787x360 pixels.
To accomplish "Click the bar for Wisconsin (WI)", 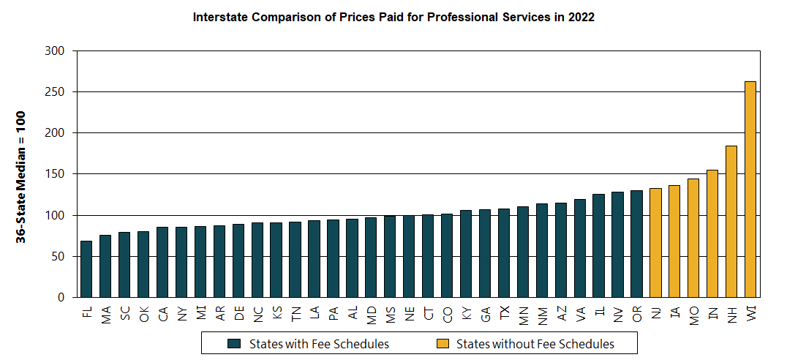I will (x=750, y=190).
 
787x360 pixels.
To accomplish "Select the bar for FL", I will (x=86, y=269).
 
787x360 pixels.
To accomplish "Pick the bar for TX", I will (x=504, y=253).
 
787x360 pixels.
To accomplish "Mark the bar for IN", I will (x=712, y=233).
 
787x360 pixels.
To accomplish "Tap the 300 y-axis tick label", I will (x=56, y=51).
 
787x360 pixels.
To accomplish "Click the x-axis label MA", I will (x=106, y=315).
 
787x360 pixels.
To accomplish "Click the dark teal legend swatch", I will (x=234, y=343).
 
